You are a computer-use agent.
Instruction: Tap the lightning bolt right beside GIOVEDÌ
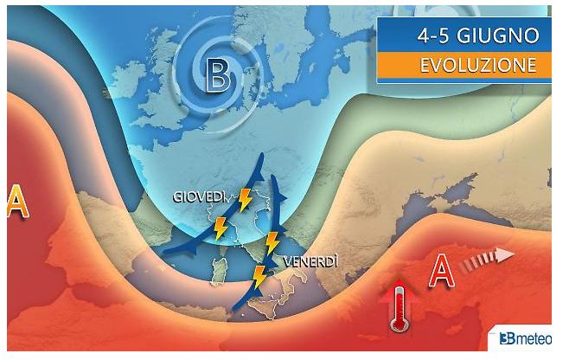click(246, 199)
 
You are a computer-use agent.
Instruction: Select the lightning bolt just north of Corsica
click(219, 228)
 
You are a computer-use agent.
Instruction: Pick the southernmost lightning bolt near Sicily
click(258, 277)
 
